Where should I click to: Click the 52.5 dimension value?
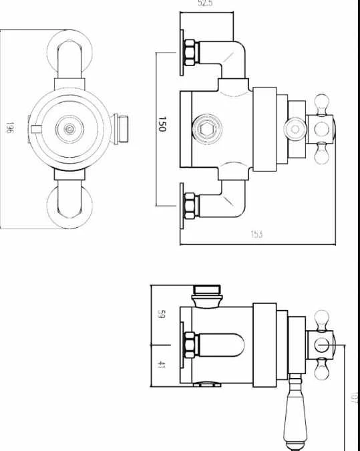(206, 5)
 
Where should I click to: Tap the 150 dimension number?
(162, 124)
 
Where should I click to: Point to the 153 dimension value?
(256, 235)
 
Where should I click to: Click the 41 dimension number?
(161, 364)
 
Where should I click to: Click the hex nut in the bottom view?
(191, 344)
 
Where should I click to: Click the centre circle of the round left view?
(69, 127)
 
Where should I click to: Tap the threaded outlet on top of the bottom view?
(206, 293)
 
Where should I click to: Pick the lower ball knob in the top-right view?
(320, 155)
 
